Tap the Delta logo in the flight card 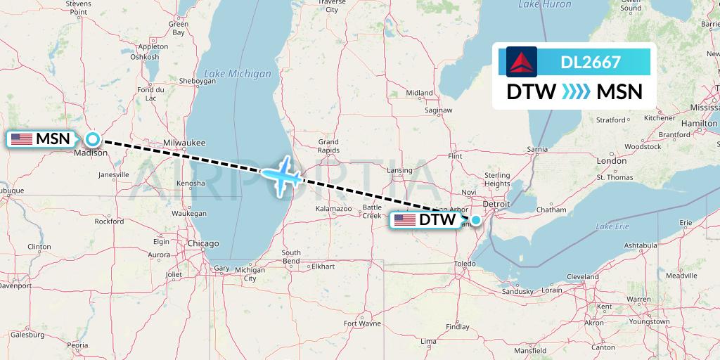point(521,62)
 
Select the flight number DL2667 point(591,62)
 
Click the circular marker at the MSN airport point(92,139)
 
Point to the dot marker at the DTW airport point(476,220)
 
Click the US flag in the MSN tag point(22,139)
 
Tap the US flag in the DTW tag point(405,220)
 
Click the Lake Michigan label point(237,73)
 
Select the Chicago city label point(202,243)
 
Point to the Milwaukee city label point(184,143)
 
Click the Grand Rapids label point(328,146)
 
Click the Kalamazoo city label point(333,209)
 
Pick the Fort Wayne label point(362,323)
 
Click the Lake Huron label point(544,5)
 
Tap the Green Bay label point(179,28)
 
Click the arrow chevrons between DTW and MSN point(577,92)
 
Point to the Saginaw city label point(437,110)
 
